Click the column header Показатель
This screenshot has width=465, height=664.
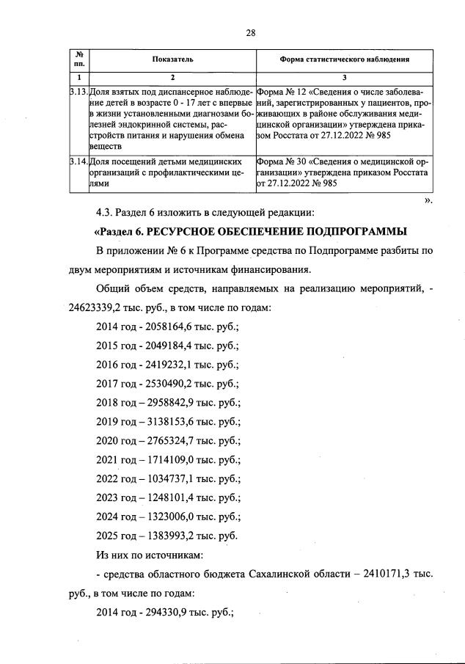173,59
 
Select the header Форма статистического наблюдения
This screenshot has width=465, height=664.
345,59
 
